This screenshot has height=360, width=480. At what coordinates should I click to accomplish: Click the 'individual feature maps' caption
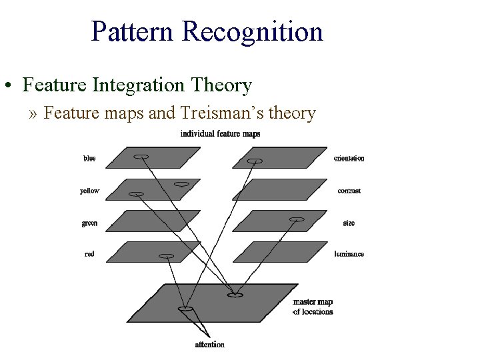point(220,134)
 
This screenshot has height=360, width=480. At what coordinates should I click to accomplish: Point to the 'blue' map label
point(89,158)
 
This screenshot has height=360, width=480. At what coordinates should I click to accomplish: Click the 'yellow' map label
point(89,191)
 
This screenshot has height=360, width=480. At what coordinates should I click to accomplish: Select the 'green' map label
point(89,223)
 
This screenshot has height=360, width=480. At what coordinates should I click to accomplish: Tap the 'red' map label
point(89,254)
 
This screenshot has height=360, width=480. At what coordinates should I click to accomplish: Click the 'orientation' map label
point(349,159)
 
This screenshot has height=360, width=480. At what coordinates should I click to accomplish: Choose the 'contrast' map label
point(349,191)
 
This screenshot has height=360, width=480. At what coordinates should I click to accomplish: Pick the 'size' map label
point(349,223)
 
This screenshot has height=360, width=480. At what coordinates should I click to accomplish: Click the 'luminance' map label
point(349,254)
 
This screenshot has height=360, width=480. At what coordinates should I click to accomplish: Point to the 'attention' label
point(209,345)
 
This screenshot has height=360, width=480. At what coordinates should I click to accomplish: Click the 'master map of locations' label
point(313,307)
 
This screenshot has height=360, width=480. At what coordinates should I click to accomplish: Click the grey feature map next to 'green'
point(153,221)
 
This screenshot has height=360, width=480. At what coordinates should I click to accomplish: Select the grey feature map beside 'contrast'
point(280,189)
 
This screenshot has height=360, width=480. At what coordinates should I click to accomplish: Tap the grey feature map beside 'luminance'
point(280,252)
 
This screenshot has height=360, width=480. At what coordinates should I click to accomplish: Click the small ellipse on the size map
point(297,219)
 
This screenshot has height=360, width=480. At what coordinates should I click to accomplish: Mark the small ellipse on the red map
point(167,256)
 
